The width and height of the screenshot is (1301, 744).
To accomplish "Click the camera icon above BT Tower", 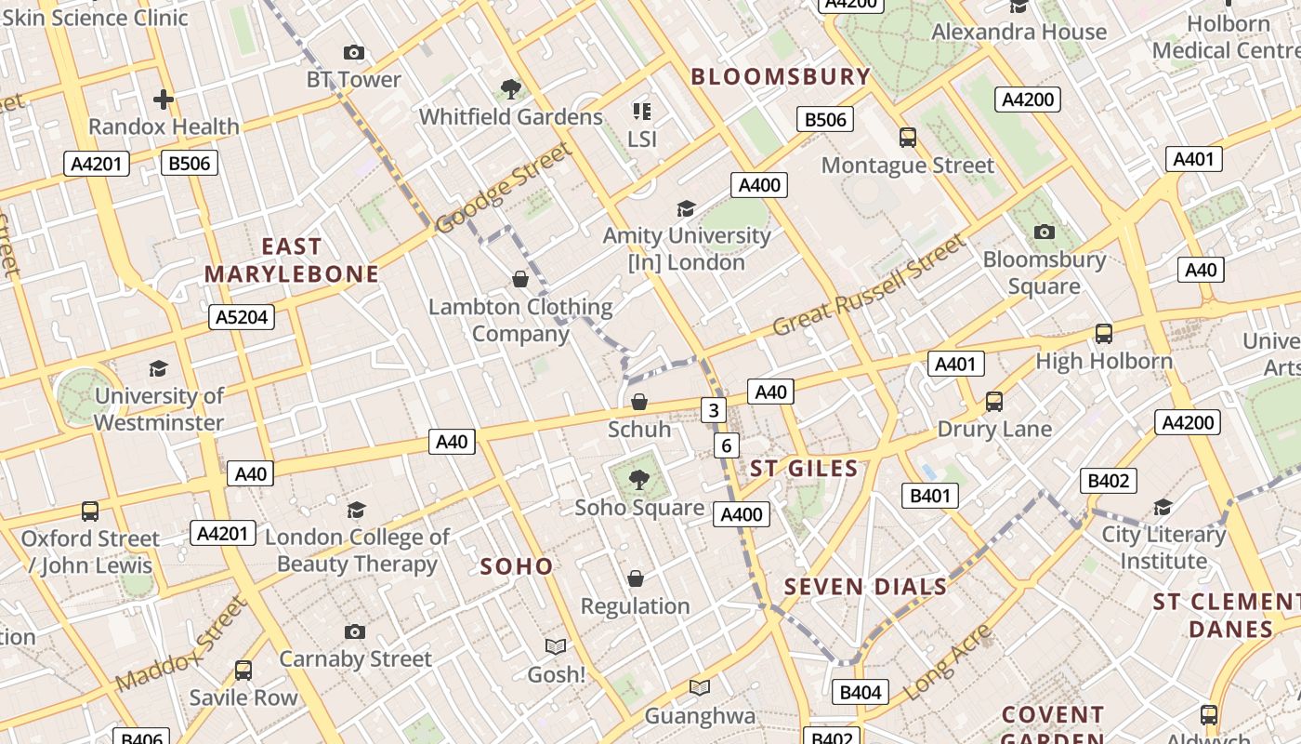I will (x=353, y=53).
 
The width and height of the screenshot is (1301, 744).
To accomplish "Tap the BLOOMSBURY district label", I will (x=781, y=77).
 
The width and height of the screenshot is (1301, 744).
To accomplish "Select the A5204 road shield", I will (x=242, y=317).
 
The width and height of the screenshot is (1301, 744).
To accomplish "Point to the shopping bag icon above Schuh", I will (x=639, y=402).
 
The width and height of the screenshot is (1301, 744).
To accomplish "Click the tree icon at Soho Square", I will (x=638, y=480).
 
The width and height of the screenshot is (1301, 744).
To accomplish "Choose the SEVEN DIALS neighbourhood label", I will (x=865, y=587).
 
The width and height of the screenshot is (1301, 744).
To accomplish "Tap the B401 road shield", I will (x=930, y=496).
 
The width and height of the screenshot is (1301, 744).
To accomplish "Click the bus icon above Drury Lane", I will (x=993, y=402).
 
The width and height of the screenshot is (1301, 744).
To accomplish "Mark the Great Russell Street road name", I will (x=869, y=286).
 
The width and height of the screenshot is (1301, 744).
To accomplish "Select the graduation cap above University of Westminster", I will (x=159, y=368).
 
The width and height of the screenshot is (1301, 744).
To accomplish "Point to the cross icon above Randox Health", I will (x=164, y=99).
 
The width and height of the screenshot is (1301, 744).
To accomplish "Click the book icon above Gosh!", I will (x=556, y=646).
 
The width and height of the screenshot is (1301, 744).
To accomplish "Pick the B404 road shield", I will (x=860, y=692).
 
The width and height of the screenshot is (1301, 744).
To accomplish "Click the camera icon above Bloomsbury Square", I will (x=1045, y=232).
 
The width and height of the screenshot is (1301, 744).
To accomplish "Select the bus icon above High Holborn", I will (x=1104, y=333).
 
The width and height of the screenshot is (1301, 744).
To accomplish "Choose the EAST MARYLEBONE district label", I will (x=292, y=260).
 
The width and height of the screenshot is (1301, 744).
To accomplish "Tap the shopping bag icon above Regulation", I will (x=636, y=578).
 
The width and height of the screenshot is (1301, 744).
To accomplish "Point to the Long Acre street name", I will (x=948, y=662).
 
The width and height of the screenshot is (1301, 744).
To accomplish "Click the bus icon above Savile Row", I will (x=243, y=670).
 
